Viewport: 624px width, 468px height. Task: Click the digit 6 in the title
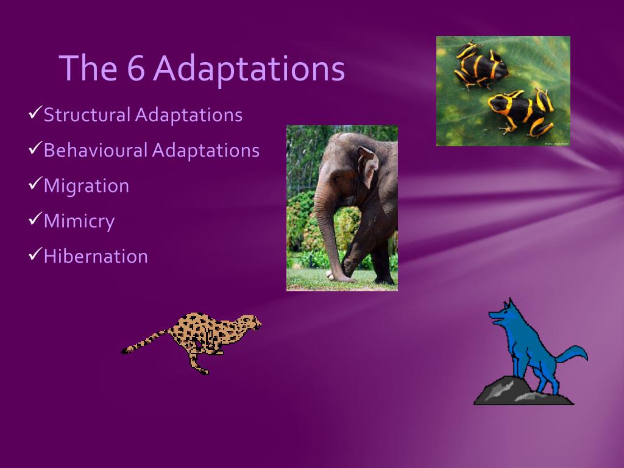136,68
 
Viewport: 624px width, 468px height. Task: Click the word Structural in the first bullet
87,115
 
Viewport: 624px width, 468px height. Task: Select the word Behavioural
96,150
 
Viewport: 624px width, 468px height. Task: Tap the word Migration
87,186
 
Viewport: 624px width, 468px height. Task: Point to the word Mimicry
79,221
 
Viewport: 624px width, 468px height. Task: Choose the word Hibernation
96,257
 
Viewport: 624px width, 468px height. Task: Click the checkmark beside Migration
35,183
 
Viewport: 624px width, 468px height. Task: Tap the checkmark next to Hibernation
35,253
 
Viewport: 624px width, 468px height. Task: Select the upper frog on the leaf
480,65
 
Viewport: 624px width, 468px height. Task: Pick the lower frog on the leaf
522,112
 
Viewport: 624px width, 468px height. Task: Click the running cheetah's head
250,322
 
